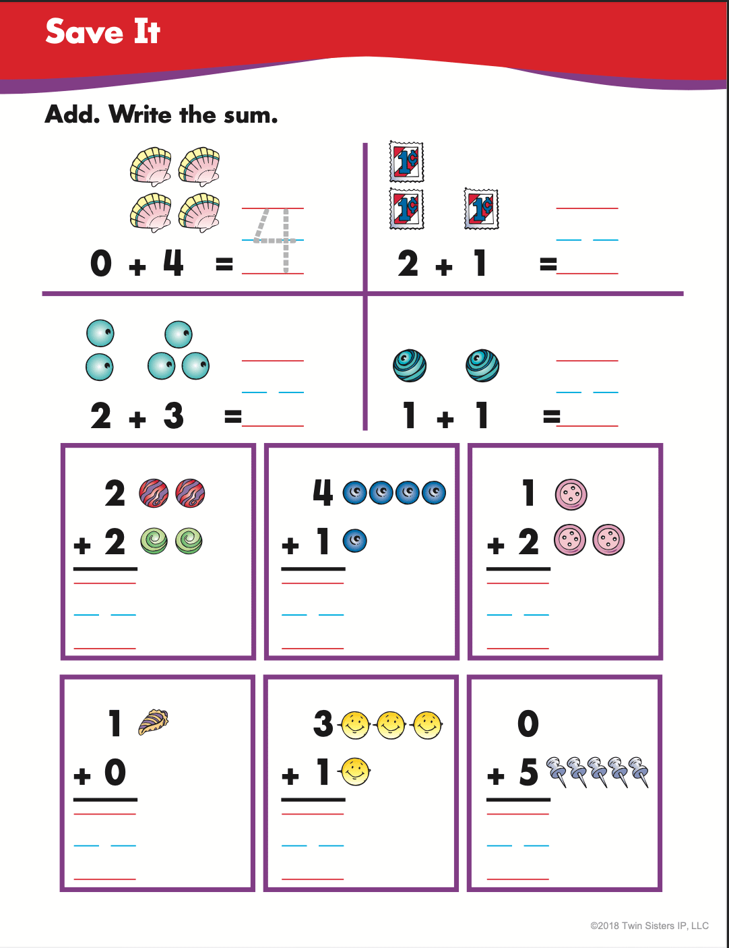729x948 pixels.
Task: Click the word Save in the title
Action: [84, 32]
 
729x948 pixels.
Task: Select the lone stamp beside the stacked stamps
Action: [481, 209]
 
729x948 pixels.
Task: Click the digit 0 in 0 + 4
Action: [101, 263]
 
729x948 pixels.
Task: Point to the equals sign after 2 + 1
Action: [548, 264]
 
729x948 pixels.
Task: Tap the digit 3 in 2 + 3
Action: [173, 416]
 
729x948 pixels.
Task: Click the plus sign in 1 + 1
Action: [445, 419]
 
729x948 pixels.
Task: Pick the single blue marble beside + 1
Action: [355, 541]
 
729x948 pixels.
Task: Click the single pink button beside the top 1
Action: [571, 494]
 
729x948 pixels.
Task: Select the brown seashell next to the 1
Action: [153, 722]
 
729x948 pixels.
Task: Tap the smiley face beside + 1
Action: [355, 772]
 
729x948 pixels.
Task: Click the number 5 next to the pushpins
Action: [528, 773]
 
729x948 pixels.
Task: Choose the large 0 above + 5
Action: [528, 724]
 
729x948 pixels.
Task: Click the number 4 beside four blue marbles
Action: [323, 493]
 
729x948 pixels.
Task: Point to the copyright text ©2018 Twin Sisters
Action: [649, 926]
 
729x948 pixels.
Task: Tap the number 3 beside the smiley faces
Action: [323, 724]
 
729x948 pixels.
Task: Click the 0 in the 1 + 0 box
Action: [115, 773]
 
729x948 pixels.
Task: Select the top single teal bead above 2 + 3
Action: [179, 334]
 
